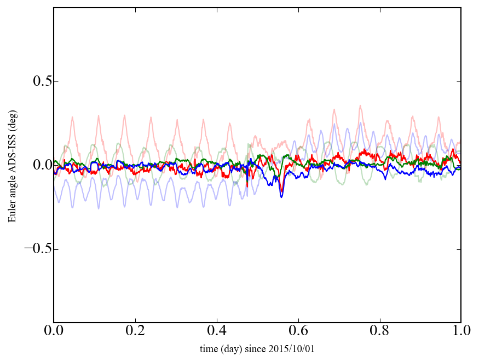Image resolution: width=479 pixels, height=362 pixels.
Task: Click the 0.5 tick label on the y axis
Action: (34, 81)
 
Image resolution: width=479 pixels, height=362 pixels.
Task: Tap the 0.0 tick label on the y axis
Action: (34, 165)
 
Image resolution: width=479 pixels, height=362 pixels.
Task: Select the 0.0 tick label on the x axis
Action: (54, 331)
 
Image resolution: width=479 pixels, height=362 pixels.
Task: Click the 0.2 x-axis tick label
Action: (135, 331)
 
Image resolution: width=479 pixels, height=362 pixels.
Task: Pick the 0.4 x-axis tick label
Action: (217, 331)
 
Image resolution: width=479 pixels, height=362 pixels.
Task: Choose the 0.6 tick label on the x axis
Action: (298, 331)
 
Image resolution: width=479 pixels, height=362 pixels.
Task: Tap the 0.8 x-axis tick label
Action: (379, 331)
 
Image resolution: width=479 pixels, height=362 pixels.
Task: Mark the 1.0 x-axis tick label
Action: (460, 331)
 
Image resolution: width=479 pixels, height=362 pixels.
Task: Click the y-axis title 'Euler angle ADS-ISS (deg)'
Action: (11, 165)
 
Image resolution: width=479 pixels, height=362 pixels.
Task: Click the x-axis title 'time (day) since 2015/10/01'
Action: (257, 349)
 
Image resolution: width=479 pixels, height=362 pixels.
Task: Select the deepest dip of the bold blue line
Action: (281, 196)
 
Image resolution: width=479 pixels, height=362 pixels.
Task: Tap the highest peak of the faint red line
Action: (360, 106)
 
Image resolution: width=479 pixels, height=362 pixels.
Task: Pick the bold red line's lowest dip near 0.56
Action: (281, 191)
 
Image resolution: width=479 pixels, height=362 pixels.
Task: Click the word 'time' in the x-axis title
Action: (208, 349)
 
